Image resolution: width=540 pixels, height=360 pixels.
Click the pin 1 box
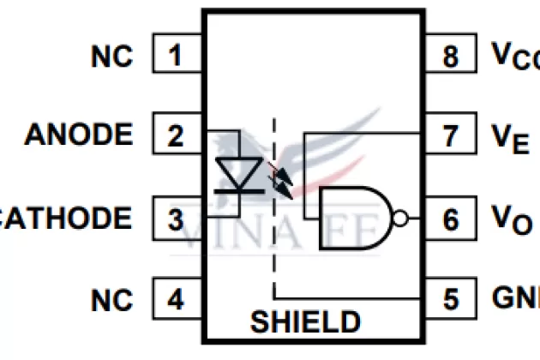coord(177,56)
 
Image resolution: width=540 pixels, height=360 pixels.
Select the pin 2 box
coord(177,135)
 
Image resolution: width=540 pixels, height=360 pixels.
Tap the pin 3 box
coord(177,219)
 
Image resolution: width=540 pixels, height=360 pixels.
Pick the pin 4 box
coord(177,299)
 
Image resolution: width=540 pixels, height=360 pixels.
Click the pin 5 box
coord(450,299)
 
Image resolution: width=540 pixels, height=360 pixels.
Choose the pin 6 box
coord(450,219)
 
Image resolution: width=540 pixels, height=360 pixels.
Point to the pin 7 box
coord(450,135)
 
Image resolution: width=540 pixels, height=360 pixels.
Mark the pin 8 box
coord(450,56)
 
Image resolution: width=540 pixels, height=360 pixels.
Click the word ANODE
coord(79,135)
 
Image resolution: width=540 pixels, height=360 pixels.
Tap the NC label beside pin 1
coord(112,57)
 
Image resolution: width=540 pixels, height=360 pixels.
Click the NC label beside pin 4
coord(112,300)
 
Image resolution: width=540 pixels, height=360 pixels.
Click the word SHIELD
coord(305,321)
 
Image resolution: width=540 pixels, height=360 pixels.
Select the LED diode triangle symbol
coord(237,172)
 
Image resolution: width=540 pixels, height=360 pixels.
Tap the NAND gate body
coord(351,219)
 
